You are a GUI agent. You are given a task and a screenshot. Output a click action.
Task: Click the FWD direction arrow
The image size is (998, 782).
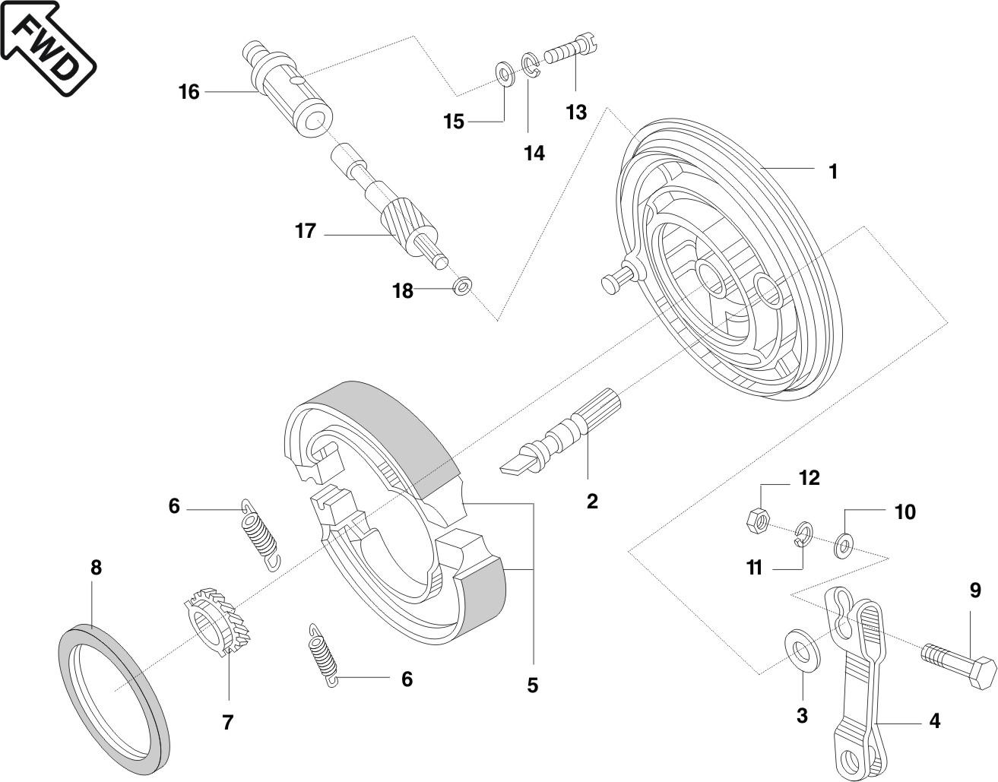tap(47, 46)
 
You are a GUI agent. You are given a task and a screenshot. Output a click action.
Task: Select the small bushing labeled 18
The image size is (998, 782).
tap(461, 286)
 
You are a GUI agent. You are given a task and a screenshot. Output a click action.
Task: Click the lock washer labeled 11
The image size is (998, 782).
tap(803, 535)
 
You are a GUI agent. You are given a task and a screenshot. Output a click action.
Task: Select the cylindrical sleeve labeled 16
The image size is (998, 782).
tap(289, 92)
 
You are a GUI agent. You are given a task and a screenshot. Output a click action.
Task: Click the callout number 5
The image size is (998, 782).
tap(532, 685)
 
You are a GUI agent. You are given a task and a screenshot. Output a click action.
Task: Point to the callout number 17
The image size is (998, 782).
tap(306, 231)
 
